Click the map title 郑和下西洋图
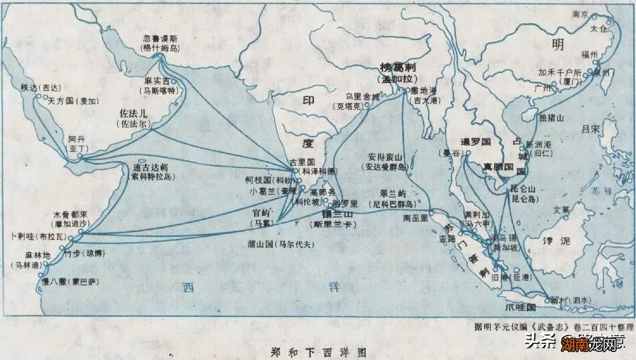[x=317, y=351]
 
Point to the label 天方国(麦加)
[x=73, y=100]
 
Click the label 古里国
[x=301, y=162]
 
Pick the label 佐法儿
[x=133, y=114]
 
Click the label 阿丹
[x=76, y=140]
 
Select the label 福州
[x=590, y=55]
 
